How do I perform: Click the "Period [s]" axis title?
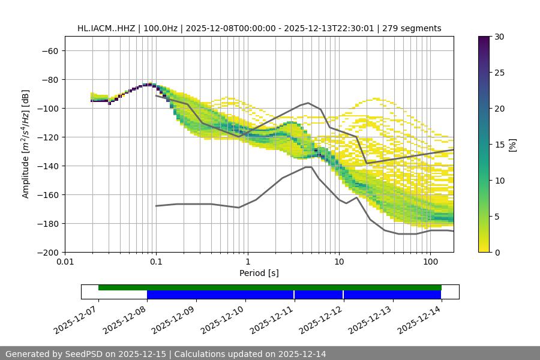point(259,273)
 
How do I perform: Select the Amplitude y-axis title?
point(26,145)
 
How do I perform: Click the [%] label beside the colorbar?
point(512,145)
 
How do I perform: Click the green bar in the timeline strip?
point(270,287)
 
